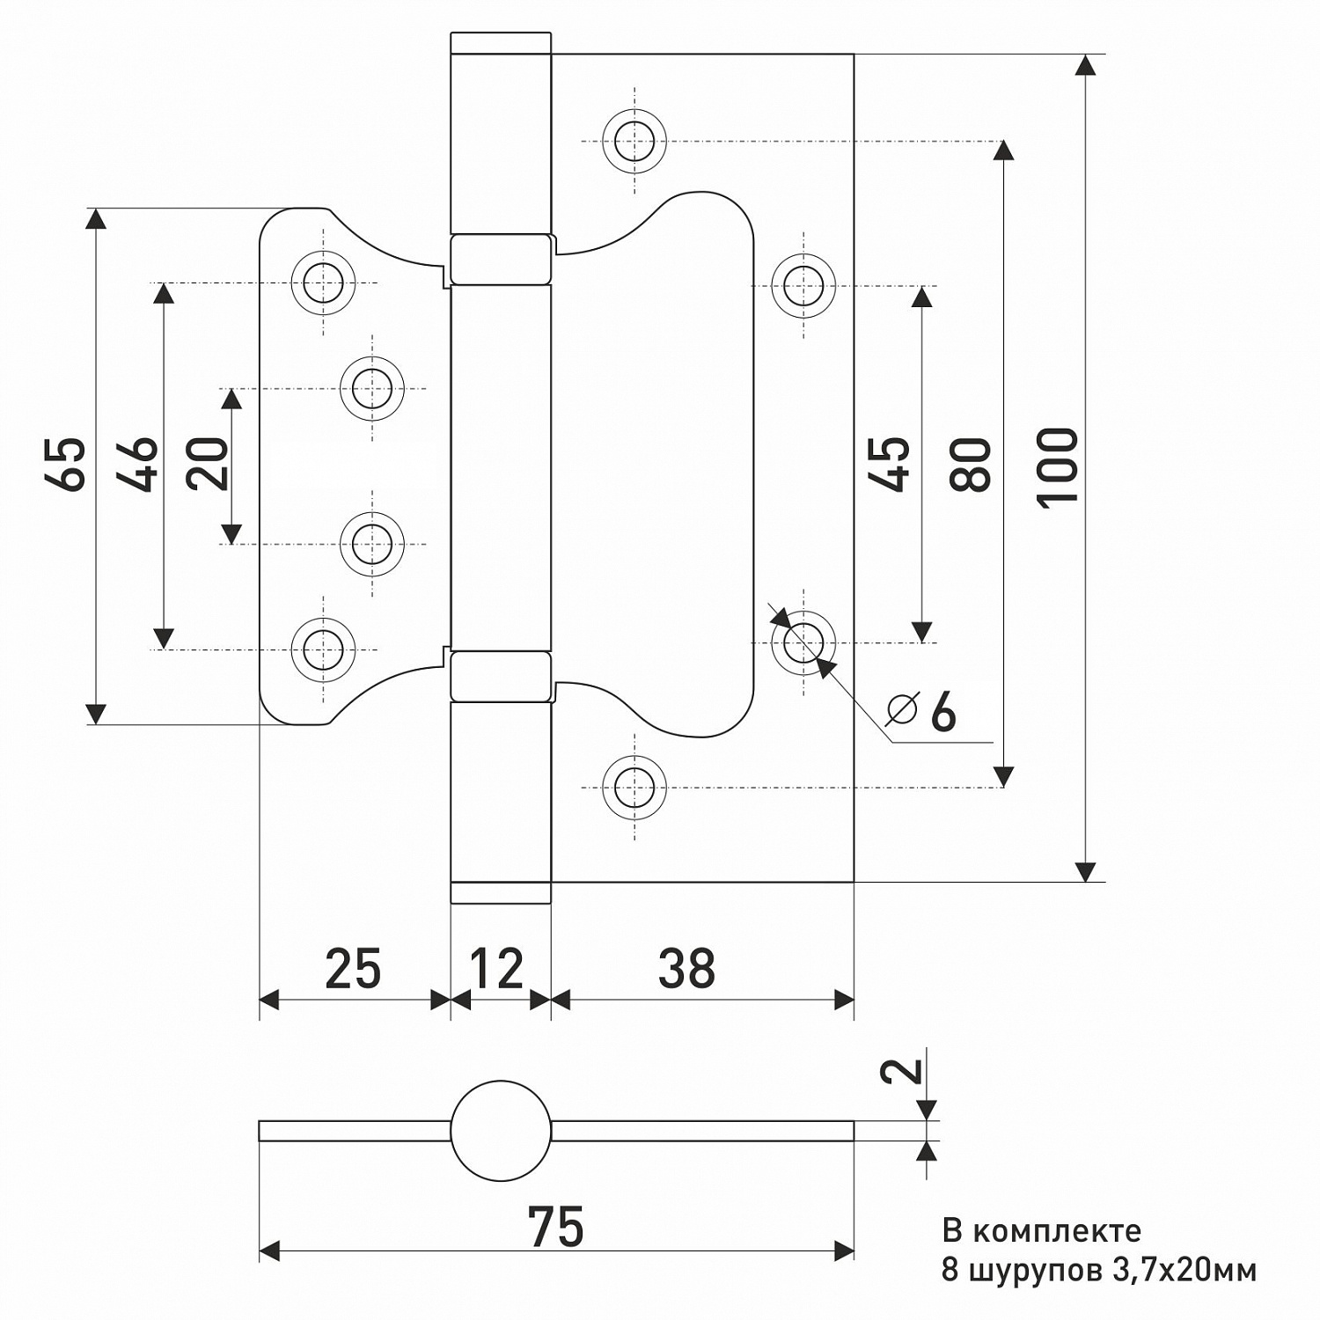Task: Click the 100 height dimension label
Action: pos(1059,466)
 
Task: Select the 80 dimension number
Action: pos(972,464)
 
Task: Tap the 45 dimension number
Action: pos(891,464)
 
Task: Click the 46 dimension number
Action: pos(139,464)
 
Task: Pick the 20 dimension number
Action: pos(209,464)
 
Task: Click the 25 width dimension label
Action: pos(353,969)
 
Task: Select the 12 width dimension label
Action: pos(497,969)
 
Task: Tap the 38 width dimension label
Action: pos(686,969)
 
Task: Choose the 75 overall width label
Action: pos(555,1226)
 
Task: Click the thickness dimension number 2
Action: pos(905,1070)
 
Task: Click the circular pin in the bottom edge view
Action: pos(501,1130)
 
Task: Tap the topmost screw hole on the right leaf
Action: pos(634,141)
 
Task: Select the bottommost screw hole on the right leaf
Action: pos(634,786)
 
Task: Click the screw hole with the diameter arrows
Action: pos(803,642)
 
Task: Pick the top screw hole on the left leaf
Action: pos(323,282)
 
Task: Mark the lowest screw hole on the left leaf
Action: pos(323,649)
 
